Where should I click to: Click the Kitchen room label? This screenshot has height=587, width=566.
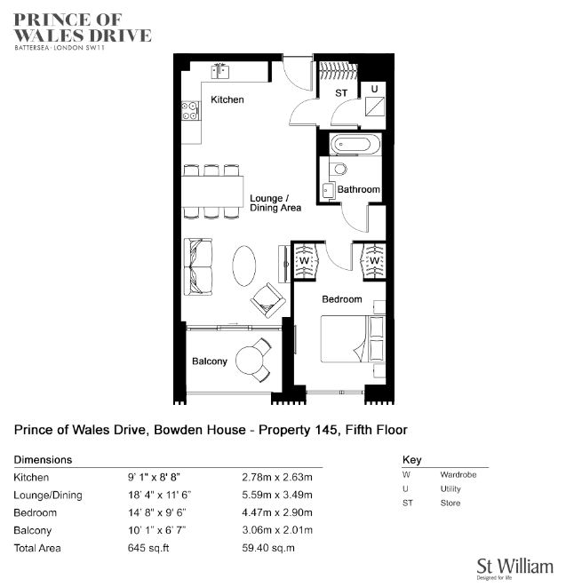tap(227, 99)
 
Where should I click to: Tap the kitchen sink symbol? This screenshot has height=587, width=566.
tap(219, 71)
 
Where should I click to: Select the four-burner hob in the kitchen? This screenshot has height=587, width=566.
tap(190, 111)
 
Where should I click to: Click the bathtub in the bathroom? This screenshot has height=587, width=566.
tap(355, 144)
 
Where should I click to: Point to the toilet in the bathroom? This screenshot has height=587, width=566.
tap(339, 168)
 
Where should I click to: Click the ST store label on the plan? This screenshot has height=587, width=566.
tap(341, 93)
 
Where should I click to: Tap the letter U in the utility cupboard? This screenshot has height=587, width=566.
tap(374, 89)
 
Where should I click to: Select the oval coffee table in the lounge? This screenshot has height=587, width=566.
tap(244, 266)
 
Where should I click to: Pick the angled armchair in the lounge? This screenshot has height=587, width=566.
tap(267, 300)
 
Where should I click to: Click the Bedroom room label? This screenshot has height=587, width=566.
tap(342, 299)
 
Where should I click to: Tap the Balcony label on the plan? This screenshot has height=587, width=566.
tap(210, 361)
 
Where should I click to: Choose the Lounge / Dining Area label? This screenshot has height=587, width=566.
tap(275, 202)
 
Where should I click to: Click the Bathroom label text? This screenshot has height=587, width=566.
tap(358, 189)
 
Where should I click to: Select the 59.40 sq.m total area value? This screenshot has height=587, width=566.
tap(268, 548)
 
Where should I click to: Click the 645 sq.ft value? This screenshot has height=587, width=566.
tap(148, 548)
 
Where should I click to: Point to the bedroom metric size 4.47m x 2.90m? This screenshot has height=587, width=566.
tap(277, 512)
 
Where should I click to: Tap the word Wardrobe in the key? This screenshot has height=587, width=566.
tap(458, 475)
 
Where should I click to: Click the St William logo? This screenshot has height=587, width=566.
tap(514, 568)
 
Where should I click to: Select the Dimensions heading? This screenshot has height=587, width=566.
tap(43, 460)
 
